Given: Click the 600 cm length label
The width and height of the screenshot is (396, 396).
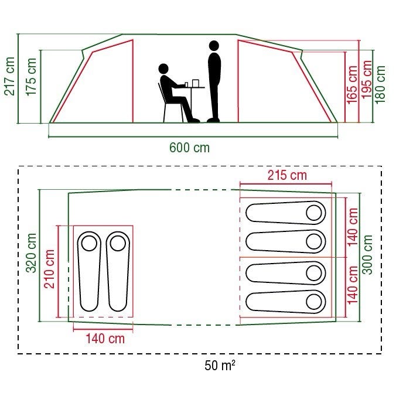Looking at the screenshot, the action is [x=189, y=148].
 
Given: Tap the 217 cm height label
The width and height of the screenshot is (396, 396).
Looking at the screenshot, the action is [x=9, y=76].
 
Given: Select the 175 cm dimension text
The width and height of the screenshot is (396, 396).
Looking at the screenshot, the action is [x=31, y=77].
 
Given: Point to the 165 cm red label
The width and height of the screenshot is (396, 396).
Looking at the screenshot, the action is [x=352, y=84].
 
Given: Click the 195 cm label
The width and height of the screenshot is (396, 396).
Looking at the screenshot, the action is [x=367, y=79].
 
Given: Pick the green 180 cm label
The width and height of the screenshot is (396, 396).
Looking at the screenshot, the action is [x=380, y=84].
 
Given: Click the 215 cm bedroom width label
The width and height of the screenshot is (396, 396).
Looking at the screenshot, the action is [x=287, y=175].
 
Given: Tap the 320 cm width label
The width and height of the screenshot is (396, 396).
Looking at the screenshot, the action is [x=32, y=253].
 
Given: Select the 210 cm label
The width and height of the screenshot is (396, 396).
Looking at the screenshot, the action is [x=49, y=269].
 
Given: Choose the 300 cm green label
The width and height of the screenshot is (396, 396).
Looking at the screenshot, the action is [x=367, y=254].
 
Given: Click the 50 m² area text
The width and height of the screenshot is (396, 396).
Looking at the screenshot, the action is [x=220, y=365].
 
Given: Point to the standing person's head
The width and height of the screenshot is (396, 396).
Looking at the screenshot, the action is [x=214, y=46].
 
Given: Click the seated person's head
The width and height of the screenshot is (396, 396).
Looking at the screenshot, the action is [x=163, y=69].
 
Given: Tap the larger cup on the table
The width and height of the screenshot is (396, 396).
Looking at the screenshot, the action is [x=196, y=83].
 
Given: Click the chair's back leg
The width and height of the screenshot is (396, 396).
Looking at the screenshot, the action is [x=165, y=112].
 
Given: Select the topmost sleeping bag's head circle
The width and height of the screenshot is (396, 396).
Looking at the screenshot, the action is [x=313, y=213].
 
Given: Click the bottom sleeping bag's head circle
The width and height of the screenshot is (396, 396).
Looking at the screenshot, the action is [x=313, y=302].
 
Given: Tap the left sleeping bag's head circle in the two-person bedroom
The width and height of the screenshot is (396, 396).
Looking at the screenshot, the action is [x=89, y=243].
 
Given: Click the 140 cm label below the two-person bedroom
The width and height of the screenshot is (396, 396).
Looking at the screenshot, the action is [x=105, y=339].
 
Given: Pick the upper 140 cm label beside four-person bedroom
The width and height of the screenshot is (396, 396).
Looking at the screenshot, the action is [x=353, y=227].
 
